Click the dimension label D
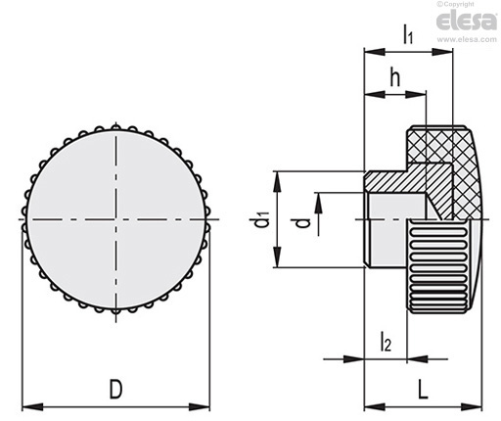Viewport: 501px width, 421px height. tap(115, 389)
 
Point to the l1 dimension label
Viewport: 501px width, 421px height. tap(408, 34)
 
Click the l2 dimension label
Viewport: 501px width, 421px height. tap(386, 342)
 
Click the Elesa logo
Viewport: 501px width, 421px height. tap(467, 21)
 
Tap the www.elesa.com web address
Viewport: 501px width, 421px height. tap(467, 39)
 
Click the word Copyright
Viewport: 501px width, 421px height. tap(459, 4)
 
